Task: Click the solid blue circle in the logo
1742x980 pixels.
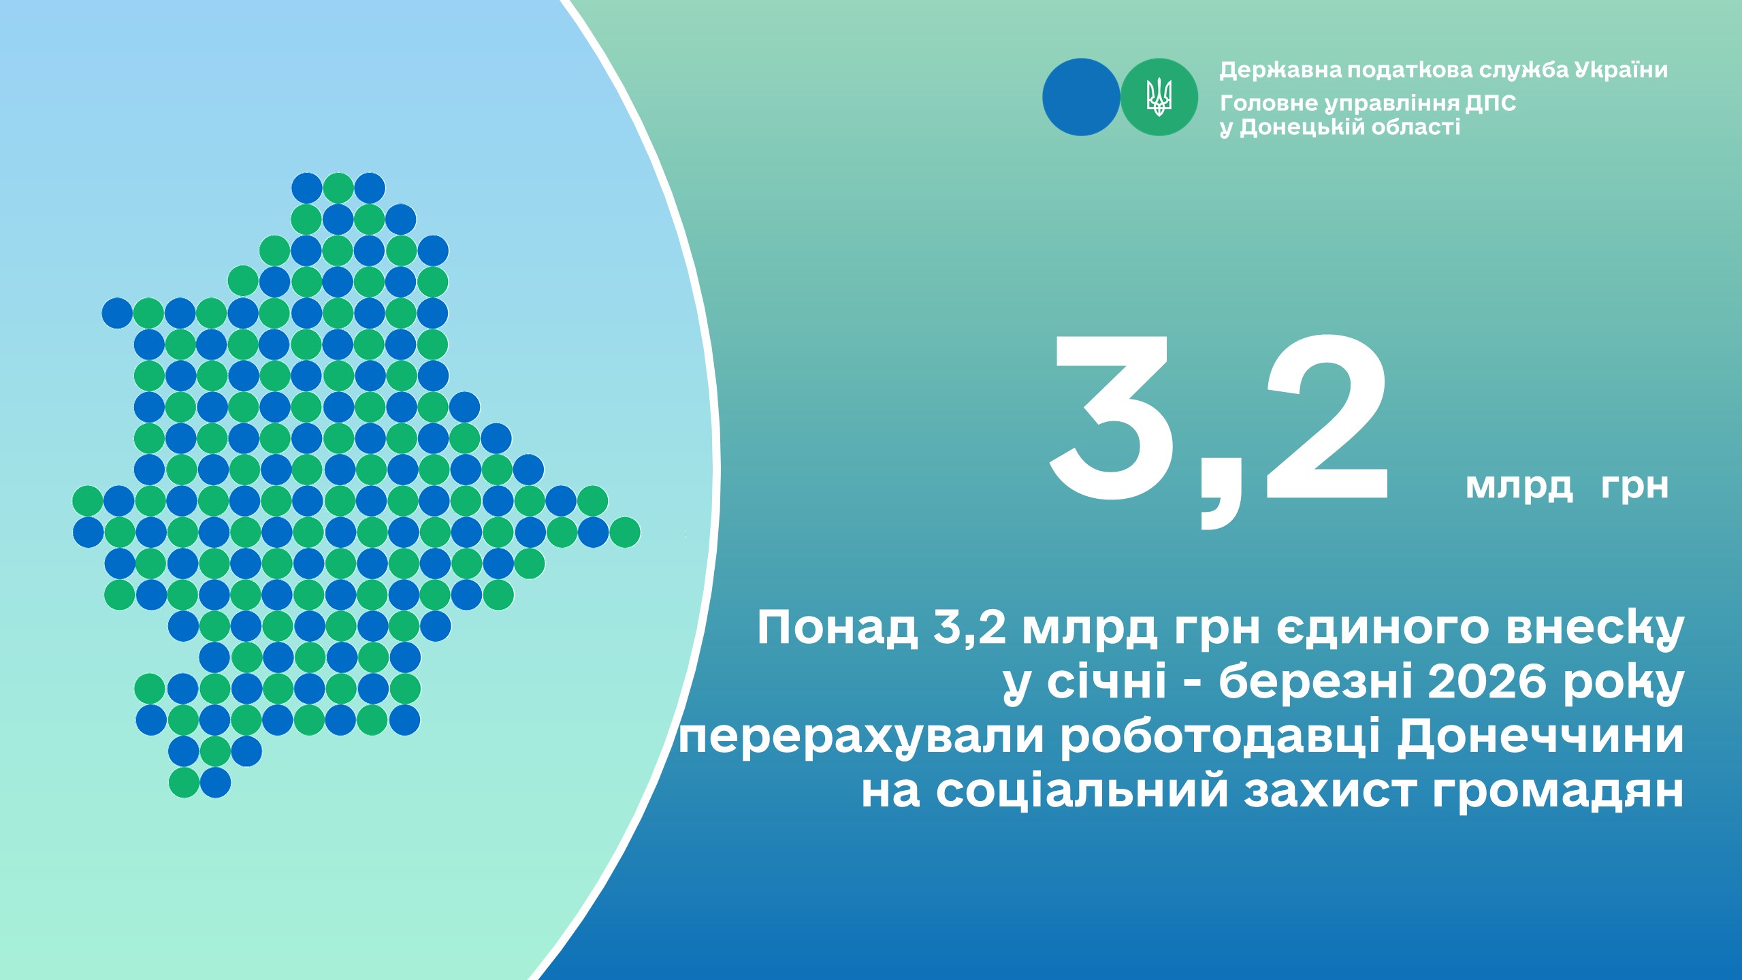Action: [x=1081, y=97]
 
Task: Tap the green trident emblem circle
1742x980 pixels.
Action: [x=1159, y=97]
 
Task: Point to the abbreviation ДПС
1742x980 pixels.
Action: [x=1491, y=103]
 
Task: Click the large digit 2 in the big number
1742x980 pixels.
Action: [x=1326, y=416]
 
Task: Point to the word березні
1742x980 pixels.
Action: [x=1316, y=682]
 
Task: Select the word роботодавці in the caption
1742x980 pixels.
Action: [x=1220, y=738]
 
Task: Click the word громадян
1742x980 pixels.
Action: [x=1558, y=792]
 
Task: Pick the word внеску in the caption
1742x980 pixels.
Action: [x=1595, y=629]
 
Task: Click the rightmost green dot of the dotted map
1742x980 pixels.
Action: [x=624, y=532]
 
